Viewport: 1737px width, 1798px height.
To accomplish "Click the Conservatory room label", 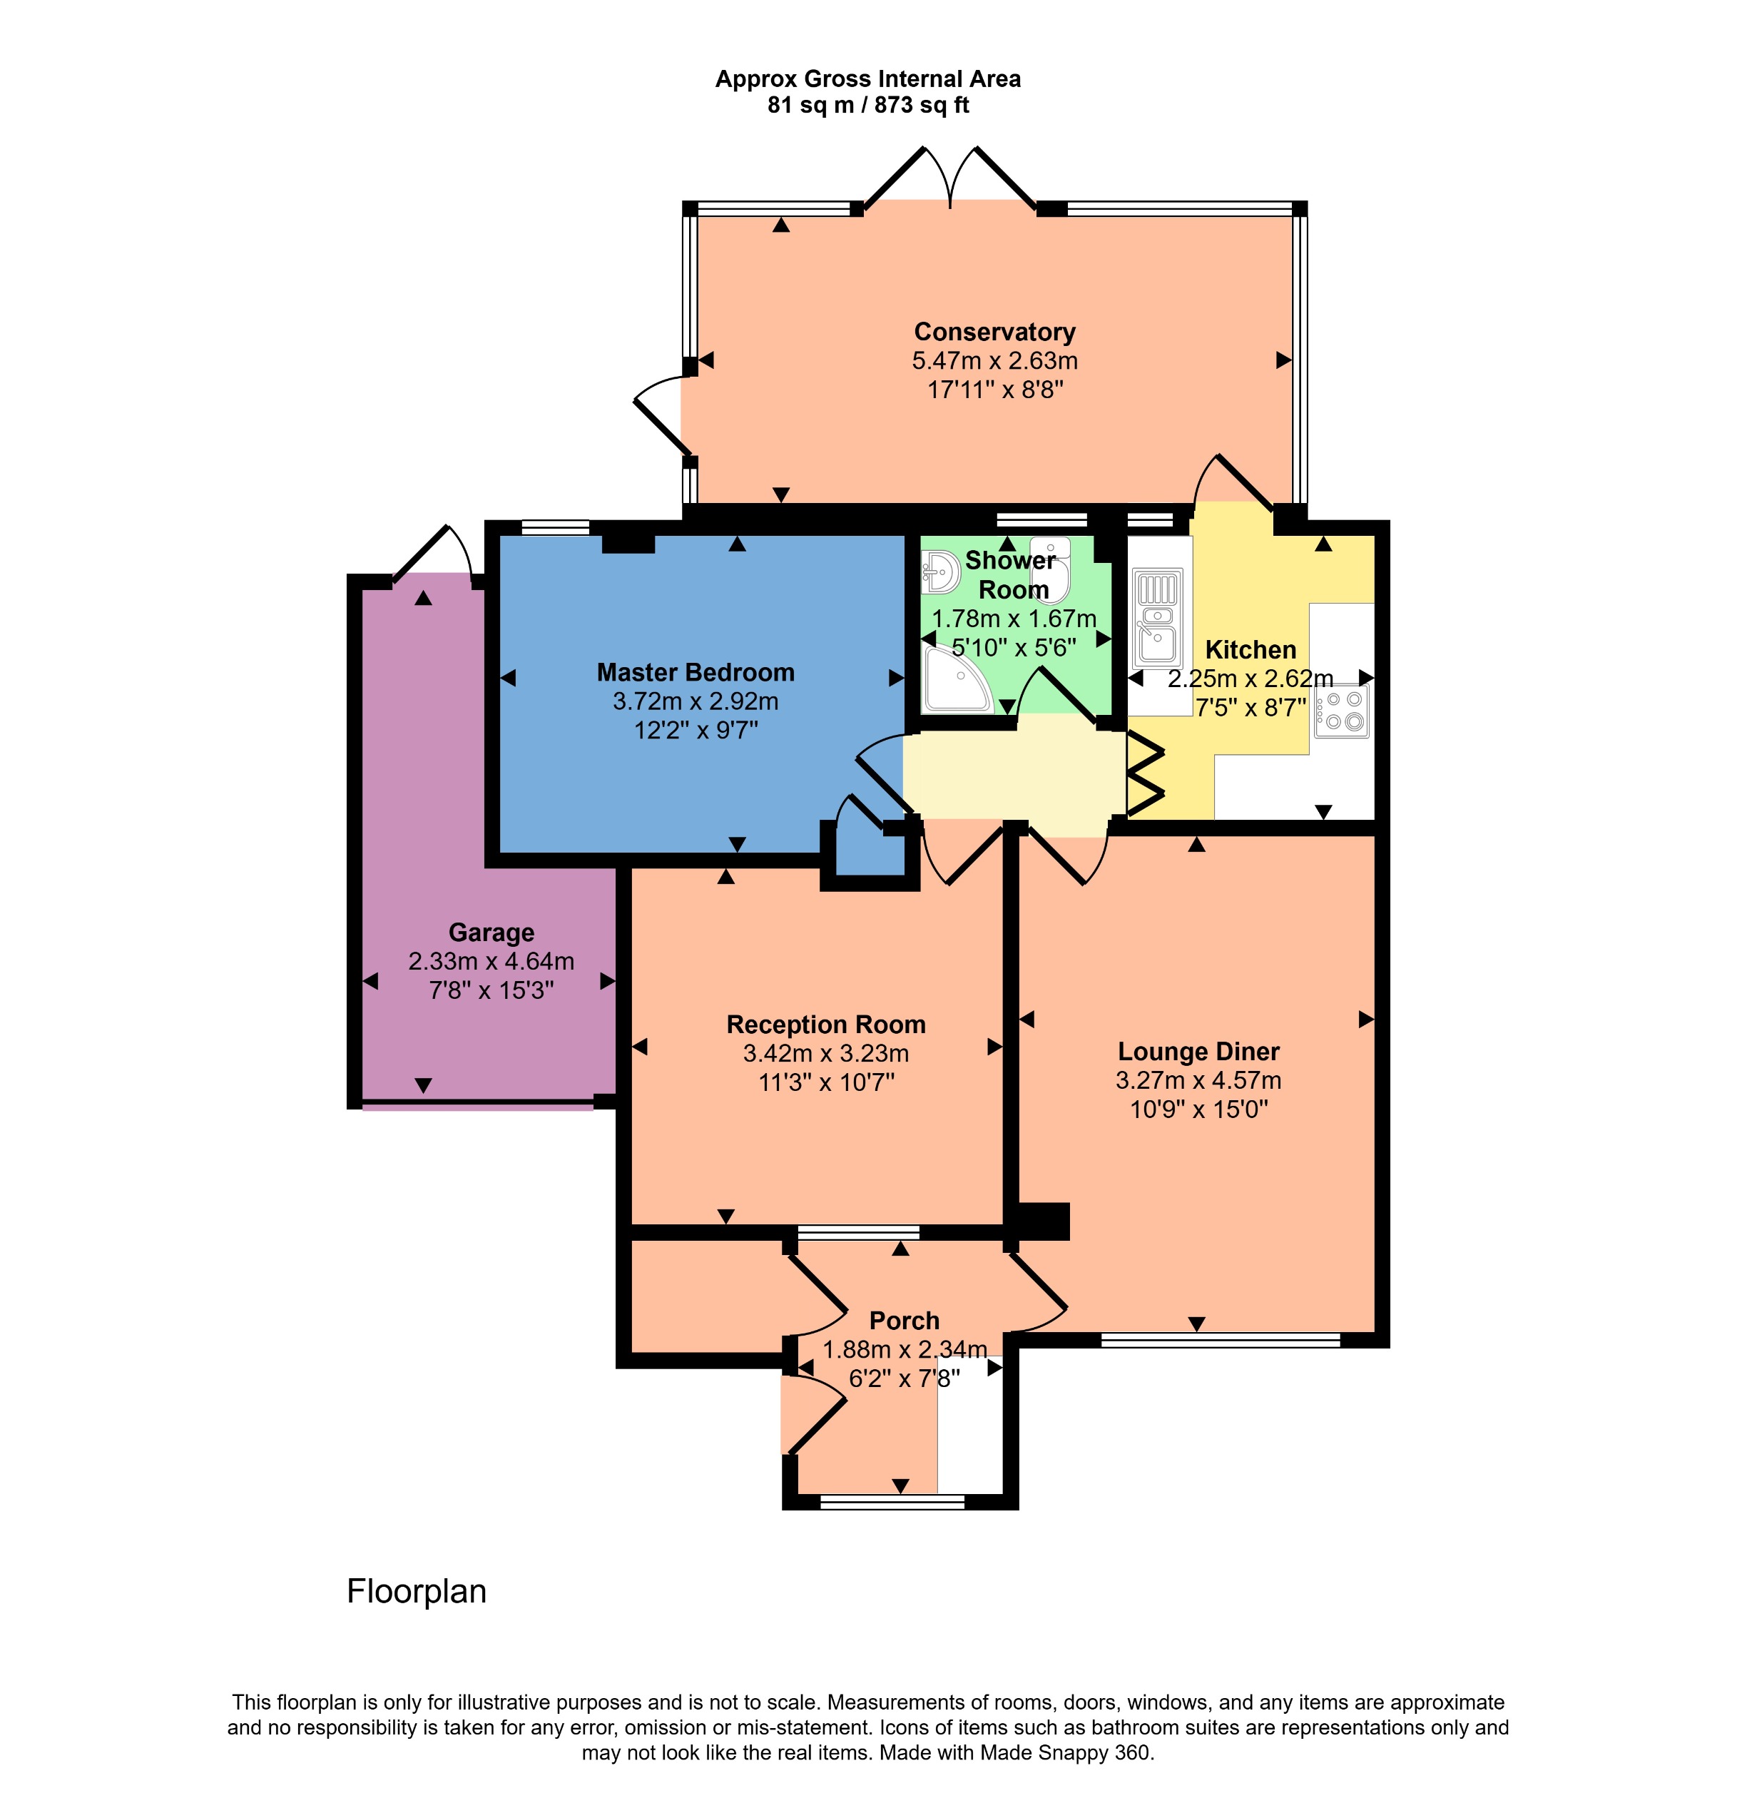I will coord(994,332).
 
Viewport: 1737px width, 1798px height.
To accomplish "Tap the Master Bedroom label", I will coord(696,672).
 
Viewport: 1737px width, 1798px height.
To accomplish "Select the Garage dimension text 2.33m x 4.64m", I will coord(491,961).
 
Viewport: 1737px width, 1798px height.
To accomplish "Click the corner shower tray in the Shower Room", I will coord(954,681).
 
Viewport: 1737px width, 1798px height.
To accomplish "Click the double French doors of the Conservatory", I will coord(950,179).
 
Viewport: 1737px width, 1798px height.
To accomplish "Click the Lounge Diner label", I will coord(1198,1051).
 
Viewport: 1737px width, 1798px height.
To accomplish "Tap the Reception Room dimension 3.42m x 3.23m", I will coord(825,1053).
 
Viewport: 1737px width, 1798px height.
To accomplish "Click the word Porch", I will coord(905,1321).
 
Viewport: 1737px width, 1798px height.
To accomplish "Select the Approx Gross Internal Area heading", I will coord(867,79).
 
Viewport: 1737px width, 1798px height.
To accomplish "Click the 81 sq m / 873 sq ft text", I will coord(867,106).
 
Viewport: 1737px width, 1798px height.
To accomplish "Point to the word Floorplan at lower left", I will coord(417,1590).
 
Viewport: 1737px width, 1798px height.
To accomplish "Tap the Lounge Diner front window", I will coord(1220,1340).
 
